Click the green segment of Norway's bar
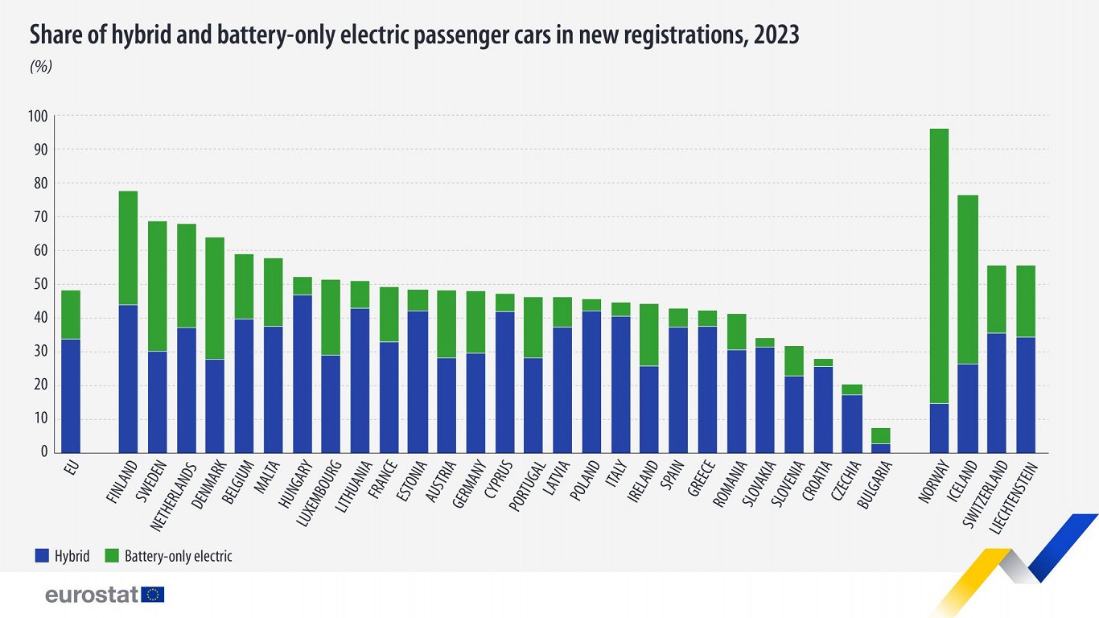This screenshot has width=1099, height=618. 939,266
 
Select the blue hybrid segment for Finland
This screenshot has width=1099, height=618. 128,378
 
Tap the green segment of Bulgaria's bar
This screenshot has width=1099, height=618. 881,436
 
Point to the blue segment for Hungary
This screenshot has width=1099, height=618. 303,373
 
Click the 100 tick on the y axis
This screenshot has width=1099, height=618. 39,117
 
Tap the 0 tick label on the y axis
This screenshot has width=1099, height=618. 44,452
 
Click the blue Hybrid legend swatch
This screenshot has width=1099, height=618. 42,555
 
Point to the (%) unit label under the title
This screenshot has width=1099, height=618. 41,67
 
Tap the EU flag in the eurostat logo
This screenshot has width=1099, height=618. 153,595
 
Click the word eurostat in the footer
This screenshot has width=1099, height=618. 92,595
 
